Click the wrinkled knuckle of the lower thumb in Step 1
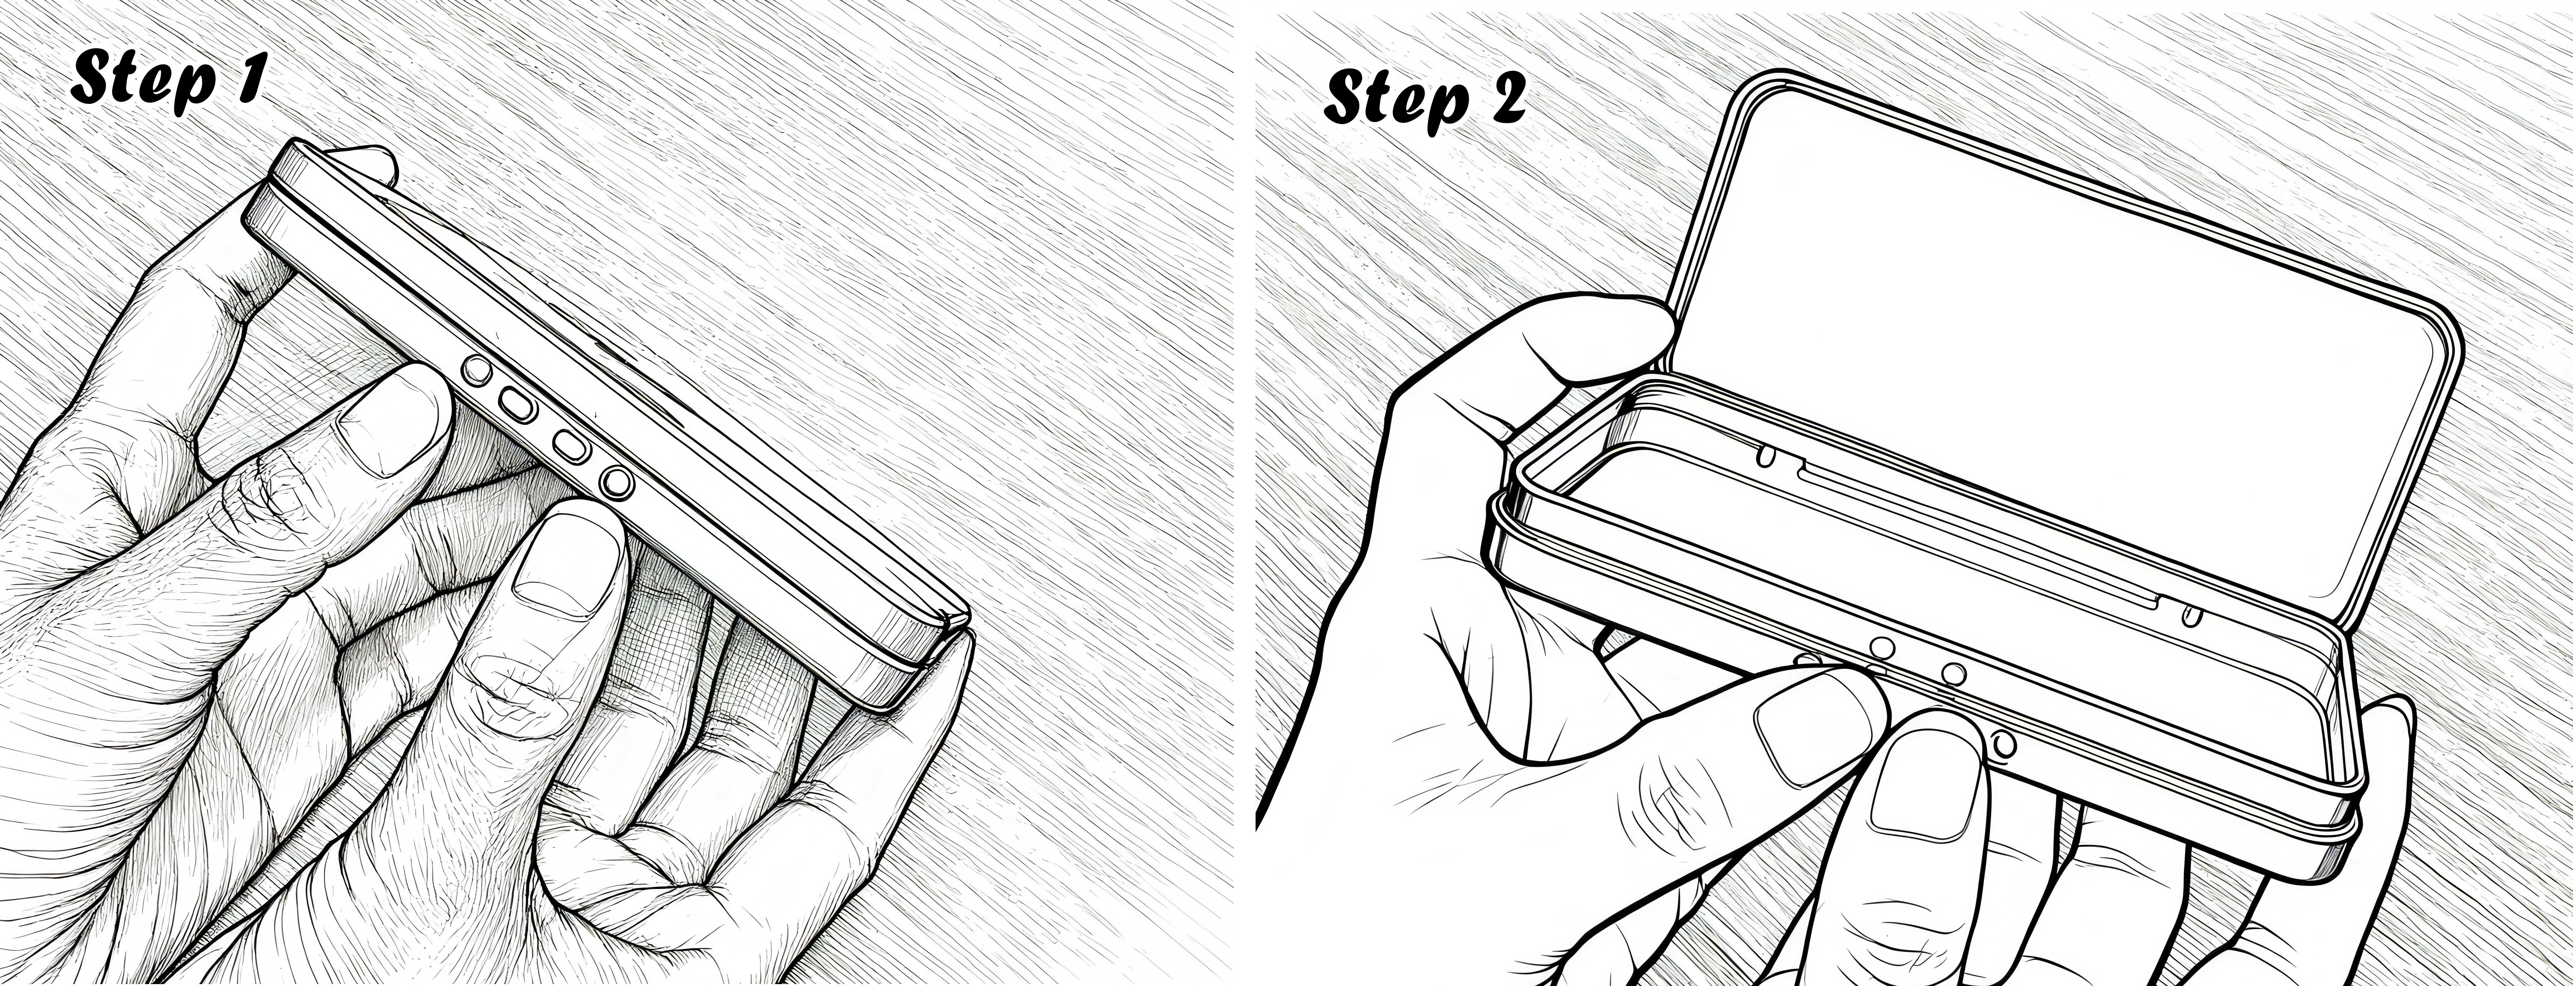click(x=519, y=689)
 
